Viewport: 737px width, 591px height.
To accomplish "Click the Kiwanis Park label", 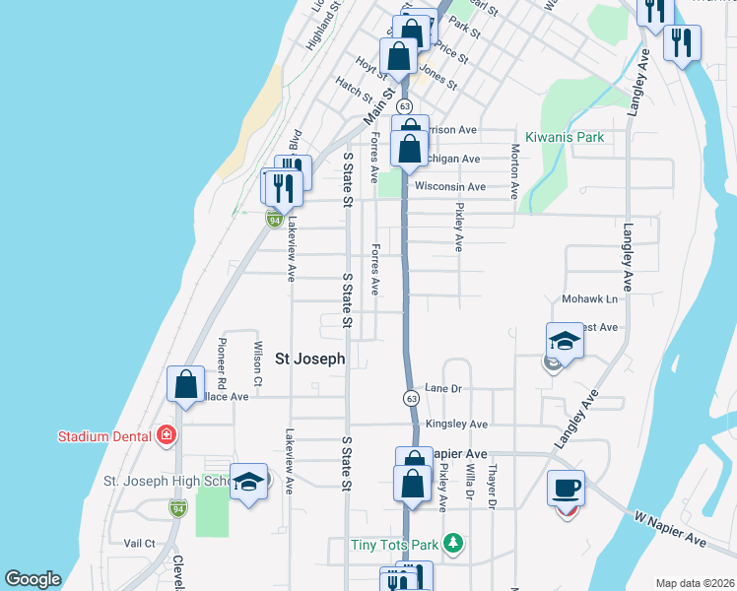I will click(564, 137).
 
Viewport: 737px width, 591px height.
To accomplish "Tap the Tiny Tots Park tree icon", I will click(452, 543).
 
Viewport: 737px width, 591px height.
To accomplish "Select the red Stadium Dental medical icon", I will click(167, 435).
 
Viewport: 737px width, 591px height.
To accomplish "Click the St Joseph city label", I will click(309, 360).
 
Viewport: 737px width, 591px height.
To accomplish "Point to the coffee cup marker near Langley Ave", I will click(567, 489).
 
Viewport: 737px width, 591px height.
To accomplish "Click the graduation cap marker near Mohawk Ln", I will click(566, 342).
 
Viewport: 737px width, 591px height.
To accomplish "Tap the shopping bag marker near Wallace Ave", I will click(186, 384).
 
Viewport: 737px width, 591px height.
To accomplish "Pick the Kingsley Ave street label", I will click(456, 425).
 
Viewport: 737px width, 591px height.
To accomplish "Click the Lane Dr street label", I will click(442, 389).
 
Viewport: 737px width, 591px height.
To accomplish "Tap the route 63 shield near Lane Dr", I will click(411, 398).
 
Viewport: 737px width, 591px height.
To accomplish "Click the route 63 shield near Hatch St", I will click(404, 105).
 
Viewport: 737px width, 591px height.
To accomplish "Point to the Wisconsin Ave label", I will click(450, 186).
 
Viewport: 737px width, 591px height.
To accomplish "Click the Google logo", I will click(33, 579).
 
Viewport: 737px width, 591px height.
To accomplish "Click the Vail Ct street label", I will click(140, 543).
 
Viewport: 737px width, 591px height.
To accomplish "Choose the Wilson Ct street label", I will click(258, 362).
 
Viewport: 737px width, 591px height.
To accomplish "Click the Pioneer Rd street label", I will click(222, 363).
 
